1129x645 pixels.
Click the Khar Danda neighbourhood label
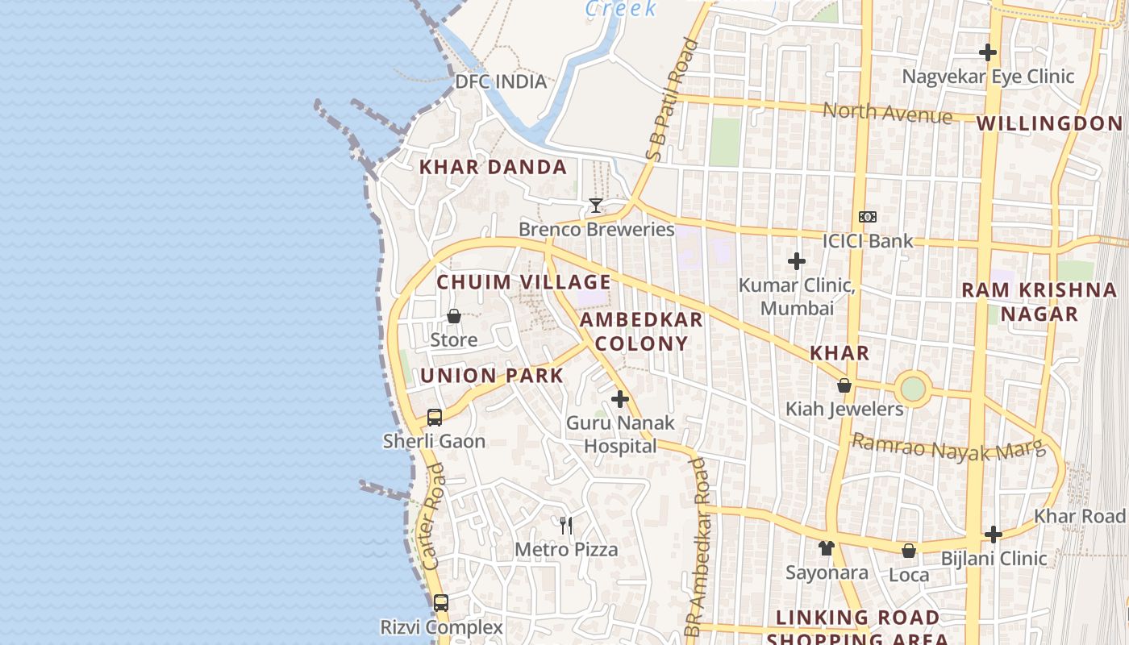pyautogui.click(x=493, y=168)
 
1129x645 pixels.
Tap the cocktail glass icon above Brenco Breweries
pyautogui.click(x=595, y=206)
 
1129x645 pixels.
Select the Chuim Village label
pyautogui.click(x=523, y=282)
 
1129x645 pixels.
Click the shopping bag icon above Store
pyautogui.click(x=454, y=316)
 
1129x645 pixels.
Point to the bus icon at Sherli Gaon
pyautogui.click(x=435, y=417)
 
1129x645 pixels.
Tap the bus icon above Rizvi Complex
pyautogui.click(x=441, y=602)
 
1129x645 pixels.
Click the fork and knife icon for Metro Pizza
pyautogui.click(x=566, y=526)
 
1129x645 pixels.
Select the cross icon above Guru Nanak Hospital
pyautogui.click(x=620, y=399)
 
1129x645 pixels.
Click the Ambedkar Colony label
pyautogui.click(x=642, y=331)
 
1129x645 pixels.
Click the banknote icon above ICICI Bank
pyautogui.click(x=868, y=217)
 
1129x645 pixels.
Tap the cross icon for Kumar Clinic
pyautogui.click(x=797, y=261)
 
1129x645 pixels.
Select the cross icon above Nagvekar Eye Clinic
pyautogui.click(x=988, y=52)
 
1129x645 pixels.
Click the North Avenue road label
pyautogui.click(x=887, y=113)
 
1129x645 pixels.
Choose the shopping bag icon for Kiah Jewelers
pyautogui.click(x=844, y=385)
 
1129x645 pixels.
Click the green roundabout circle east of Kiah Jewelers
pyautogui.click(x=912, y=389)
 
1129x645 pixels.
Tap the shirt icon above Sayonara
pyautogui.click(x=826, y=548)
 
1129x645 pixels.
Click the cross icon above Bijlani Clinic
pyautogui.click(x=994, y=534)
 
